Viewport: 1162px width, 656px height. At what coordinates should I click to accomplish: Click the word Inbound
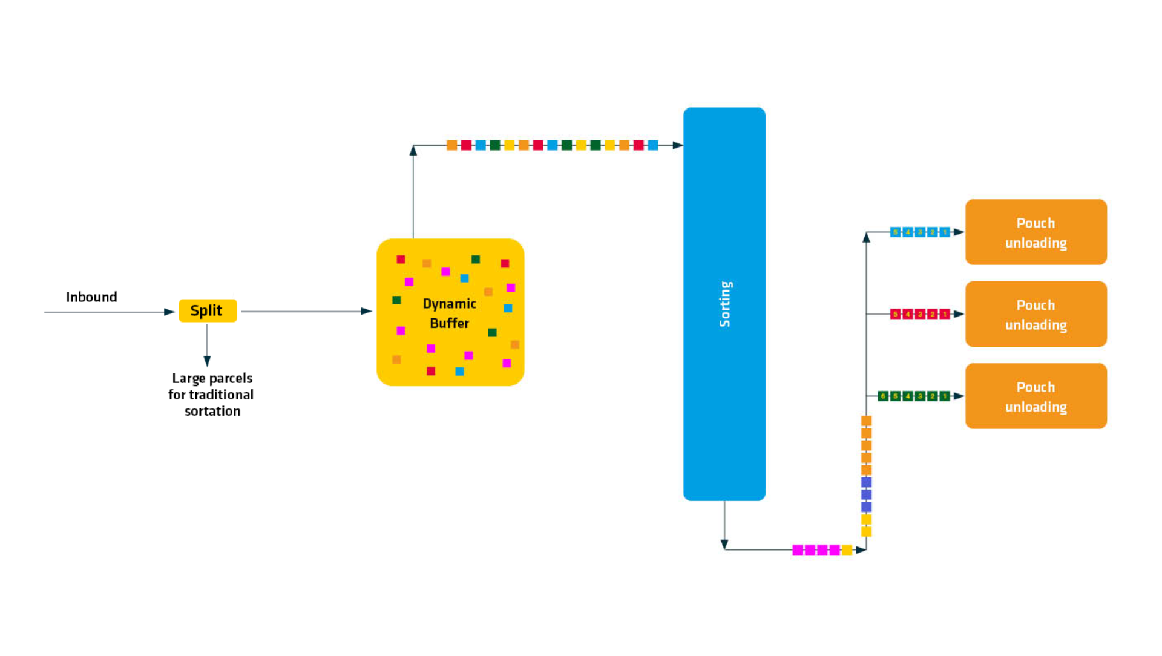(x=91, y=297)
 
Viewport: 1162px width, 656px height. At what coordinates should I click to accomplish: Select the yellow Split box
(x=208, y=311)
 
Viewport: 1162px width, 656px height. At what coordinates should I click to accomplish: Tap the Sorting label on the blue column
(x=724, y=304)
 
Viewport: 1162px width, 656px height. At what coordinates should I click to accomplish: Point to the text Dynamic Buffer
(x=449, y=313)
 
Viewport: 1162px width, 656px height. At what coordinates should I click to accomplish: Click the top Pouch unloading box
(x=1036, y=232)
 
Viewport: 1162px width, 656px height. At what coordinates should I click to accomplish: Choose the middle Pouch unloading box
(x=1036, y=314)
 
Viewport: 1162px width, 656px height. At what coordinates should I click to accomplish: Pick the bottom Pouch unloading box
(x=1036, y=396)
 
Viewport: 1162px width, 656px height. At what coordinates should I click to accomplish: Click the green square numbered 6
(x=883, y=396)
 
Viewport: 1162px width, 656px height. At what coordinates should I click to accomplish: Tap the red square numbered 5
(x=895, y=314)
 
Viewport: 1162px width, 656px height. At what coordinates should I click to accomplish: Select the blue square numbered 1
(x=945, y=232)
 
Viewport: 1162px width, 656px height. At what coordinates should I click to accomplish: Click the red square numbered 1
(x=945, y=314)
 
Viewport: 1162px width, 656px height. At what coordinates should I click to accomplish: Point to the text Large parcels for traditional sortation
(x=211, y=395)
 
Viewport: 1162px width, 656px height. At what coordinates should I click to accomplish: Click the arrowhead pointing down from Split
(x=207, y=361)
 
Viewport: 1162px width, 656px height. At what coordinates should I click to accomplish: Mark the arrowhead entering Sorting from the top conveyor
(x=678, y=145)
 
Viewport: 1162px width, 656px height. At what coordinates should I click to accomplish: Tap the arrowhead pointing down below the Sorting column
(x=724, y=545)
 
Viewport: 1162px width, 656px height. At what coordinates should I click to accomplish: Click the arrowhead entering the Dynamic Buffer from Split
(x=366, y=311)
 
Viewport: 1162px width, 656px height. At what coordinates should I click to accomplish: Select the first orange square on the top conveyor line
(x=451, y=145)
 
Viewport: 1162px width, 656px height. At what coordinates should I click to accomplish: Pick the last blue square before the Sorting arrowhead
(x=653, y=145)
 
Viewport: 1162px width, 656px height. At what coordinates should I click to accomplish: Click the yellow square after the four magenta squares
(x=847, y=550)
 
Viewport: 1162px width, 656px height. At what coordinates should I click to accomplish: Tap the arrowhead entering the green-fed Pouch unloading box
(x=959, y=396)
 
